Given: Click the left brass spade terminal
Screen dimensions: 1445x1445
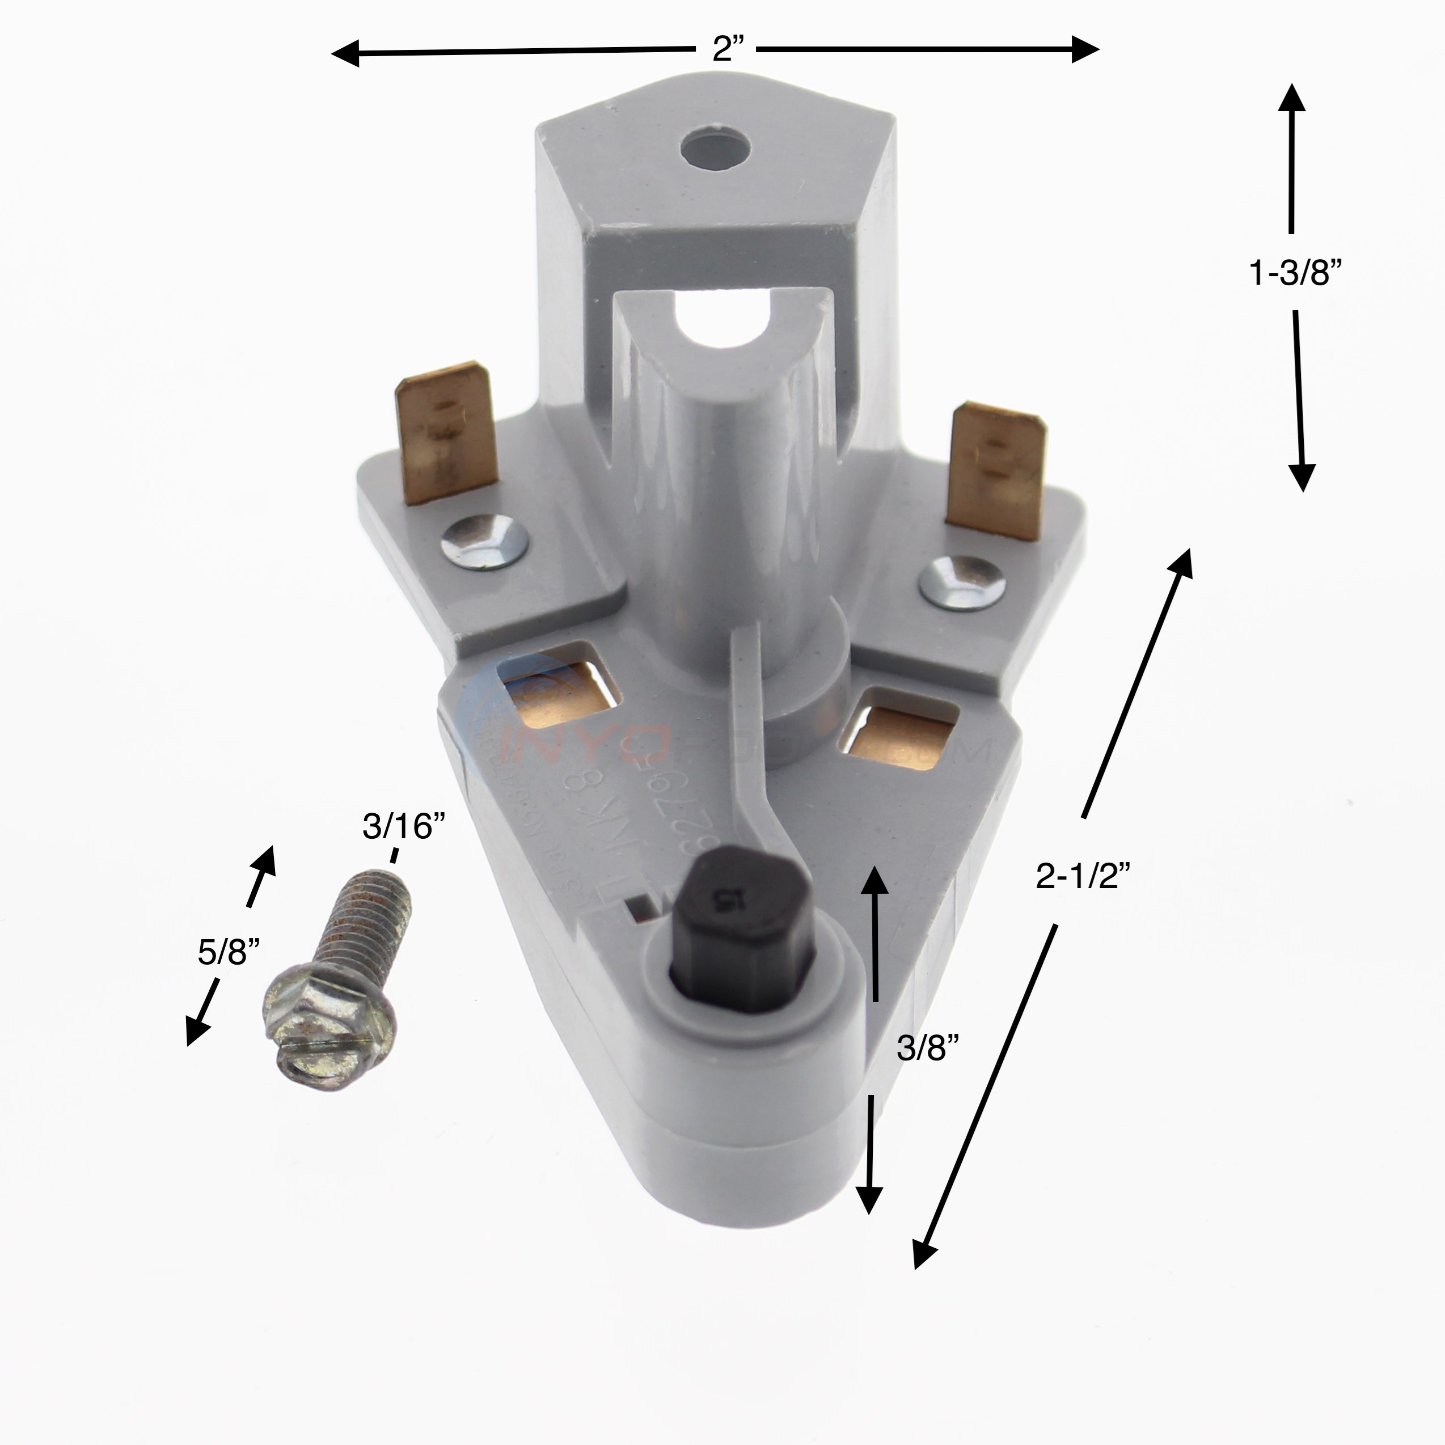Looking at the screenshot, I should (446, 434).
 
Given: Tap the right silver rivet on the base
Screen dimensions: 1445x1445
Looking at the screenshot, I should (961, 582).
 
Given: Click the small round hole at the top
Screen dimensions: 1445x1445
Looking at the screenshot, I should (715, 145).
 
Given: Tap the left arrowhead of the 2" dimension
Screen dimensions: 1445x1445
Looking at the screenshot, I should (345, 54).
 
